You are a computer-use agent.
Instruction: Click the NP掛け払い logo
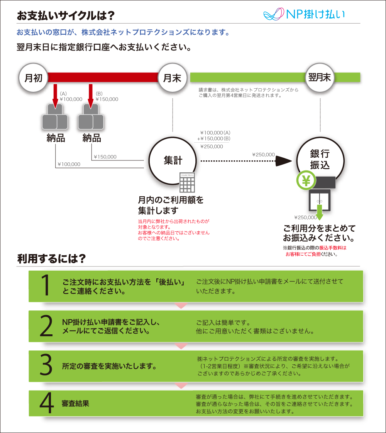(304, 15)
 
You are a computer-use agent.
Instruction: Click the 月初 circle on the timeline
(34, 78)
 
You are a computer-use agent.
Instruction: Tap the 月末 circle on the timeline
(173, 78)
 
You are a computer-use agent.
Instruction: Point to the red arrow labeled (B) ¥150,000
(91, 95)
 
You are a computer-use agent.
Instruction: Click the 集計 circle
(173, 161)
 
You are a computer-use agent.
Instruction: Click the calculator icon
(187, 182)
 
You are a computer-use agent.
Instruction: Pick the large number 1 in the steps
(46, 286)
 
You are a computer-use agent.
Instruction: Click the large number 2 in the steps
(46, 326)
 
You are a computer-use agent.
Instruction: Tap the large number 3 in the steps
(46, 366)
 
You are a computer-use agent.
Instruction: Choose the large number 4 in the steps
(46, 404)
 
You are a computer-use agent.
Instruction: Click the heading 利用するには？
(51, 259)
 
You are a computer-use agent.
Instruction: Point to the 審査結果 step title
(76, 404)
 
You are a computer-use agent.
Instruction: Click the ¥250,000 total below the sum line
(212, 147)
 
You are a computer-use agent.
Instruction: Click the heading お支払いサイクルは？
(66, 15)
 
